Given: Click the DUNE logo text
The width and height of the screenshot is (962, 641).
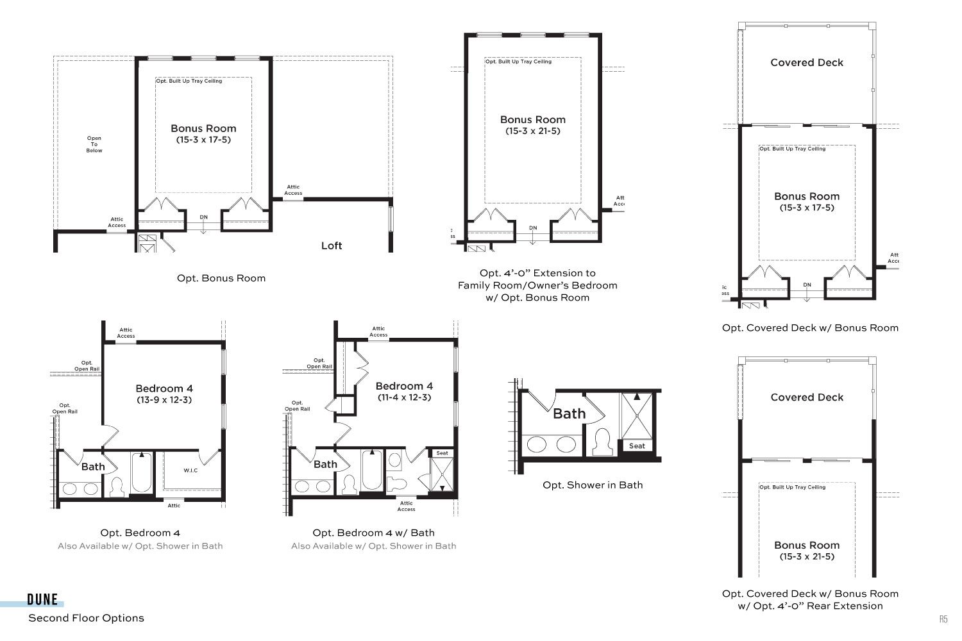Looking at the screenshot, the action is pos(42,599).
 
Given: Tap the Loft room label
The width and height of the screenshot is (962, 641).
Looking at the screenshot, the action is pos(332,246).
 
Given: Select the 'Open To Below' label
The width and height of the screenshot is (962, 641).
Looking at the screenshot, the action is pos(94,144).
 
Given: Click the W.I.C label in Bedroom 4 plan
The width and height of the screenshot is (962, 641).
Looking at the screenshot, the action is pos(190,470).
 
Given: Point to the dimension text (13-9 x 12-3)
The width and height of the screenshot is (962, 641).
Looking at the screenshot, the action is pos(164,400).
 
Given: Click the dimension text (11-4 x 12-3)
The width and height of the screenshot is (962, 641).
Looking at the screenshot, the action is pos(404,397).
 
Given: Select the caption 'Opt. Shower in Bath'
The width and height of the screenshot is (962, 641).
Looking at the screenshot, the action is pos(593,485).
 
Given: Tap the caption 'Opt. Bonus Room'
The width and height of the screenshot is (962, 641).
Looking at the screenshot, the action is pos(221,278).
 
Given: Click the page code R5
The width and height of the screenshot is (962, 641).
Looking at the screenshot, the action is pos(943,619).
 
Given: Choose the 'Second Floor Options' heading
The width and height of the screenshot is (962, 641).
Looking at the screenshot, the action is pos(87,618).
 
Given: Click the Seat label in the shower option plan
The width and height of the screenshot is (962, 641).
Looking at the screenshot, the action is pos(637,445).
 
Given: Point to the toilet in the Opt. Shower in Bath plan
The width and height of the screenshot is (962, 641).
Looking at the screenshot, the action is pos(602,442).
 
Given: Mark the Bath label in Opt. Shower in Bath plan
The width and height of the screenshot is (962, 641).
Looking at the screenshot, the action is pos(569,413).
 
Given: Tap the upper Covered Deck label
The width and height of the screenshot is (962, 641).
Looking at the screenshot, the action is pos(807,63).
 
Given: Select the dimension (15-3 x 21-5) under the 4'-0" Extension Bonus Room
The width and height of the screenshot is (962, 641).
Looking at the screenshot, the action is pos(532,131).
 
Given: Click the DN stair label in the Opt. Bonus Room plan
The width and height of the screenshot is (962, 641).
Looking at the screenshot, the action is pos(203,217).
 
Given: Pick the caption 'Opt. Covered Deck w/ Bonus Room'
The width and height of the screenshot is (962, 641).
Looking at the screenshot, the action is pos(810,328).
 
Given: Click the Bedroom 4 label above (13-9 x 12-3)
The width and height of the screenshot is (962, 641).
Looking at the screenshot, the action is pos(164,388).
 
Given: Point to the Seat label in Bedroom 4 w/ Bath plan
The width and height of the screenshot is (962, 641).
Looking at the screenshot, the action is pos(442,453).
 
